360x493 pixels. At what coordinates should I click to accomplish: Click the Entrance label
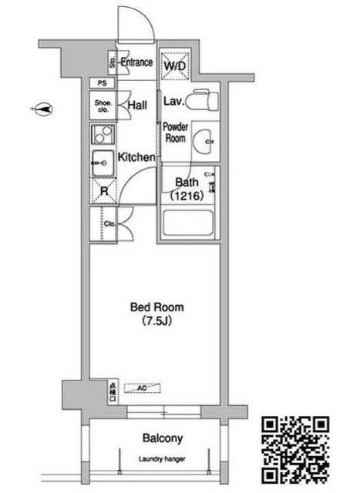pyautogui.click(x=137, y=62)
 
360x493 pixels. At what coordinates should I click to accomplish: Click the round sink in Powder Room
pyautogui.click(x=206, y=142)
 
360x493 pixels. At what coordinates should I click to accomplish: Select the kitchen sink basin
pyautogui.click(x=102, y=163)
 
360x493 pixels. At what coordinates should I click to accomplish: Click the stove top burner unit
pyautogui.click(x=103, y=136)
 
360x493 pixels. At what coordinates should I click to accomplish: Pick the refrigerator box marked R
pyautogui.click(x=102, y=190)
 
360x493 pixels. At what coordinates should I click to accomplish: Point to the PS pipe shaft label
pyautogui.click(x=102, y=83)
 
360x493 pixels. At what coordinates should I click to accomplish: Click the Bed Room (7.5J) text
pyautogui.click(x=156, y=314)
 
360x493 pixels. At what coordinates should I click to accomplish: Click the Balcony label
pyautogui.click(x=163, y=439)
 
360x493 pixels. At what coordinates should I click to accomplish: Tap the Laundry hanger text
pyautogui.click(x=162, y=459)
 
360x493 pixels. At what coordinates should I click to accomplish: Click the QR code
pyautogui.click(x=296, y=449)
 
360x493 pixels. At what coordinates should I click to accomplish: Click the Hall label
pyautogui.click(x=138, y=106)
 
